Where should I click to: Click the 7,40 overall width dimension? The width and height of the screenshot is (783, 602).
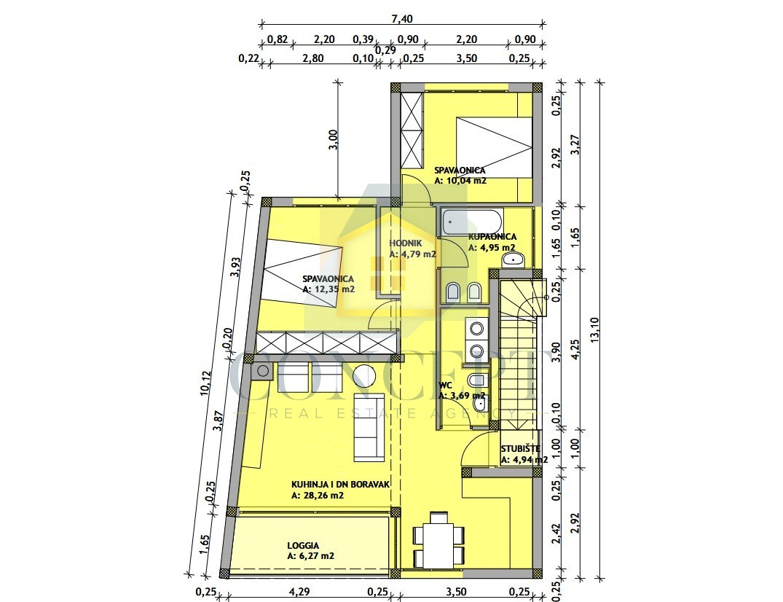pos(402,19)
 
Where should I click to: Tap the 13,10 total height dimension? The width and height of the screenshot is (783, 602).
pos(594,330)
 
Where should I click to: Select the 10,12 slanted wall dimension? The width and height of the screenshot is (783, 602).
pos(205,383)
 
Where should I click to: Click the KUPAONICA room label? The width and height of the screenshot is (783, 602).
pos(492,236)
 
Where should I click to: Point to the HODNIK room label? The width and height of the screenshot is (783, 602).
pos(406,243)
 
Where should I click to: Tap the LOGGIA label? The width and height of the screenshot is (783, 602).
pos(303,546)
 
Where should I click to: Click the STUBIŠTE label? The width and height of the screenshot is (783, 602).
pos(520,449)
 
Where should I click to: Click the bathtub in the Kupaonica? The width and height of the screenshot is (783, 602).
pos(472,222)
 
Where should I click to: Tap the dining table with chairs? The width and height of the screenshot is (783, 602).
pos(438,540)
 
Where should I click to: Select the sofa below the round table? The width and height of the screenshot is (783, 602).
pos(369,427)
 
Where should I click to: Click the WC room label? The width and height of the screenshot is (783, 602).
pos(445,386)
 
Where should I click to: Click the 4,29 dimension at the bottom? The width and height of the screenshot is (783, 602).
pos(299,592)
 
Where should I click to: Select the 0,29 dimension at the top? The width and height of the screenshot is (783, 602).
pos(385,50)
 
